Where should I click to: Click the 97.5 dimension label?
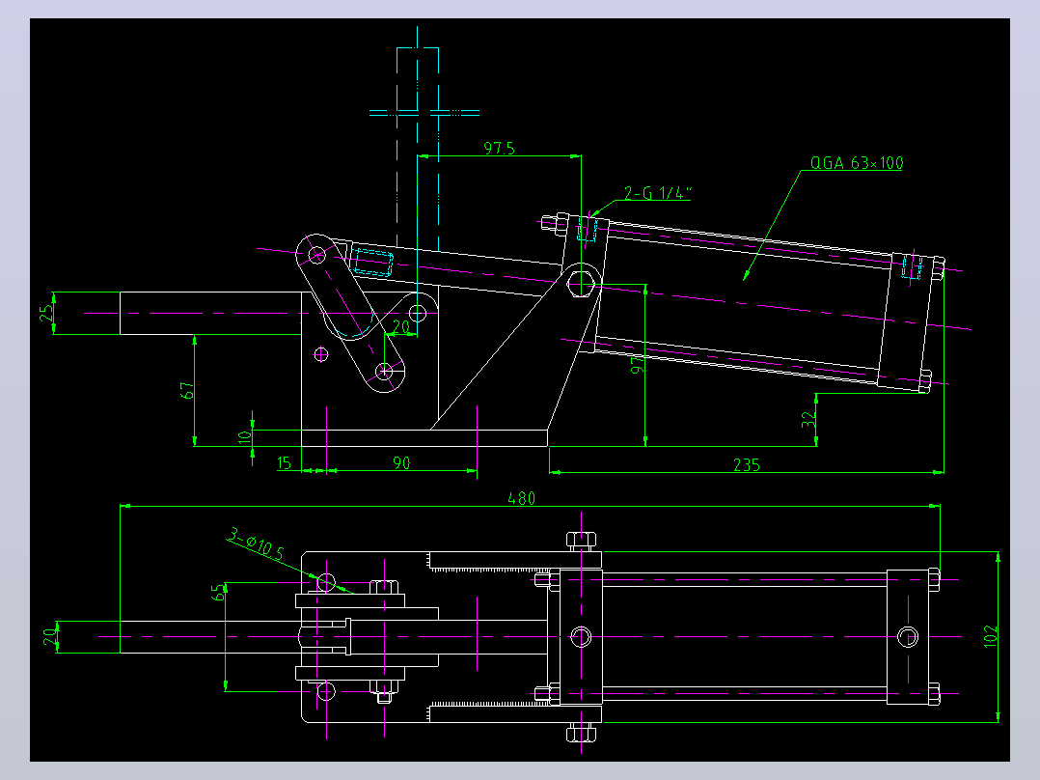click(x=499, y=148)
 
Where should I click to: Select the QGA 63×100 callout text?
click(x=857, y=162)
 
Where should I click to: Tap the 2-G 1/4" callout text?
click(x=657, y=192)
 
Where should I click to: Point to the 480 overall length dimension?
click(x=521, y=498)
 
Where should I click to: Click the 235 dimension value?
click(x=746, y=464)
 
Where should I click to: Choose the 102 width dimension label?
click(x=990, y=636)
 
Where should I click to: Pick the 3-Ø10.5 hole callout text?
click(x=256, y=543)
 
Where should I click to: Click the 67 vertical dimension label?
click(x=188, y=390)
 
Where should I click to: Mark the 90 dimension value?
click(x=401, y=462)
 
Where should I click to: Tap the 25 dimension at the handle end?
click(x=46, y=313)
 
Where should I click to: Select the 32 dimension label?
click(x=807, y=419)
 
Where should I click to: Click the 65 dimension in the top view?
click(x=218, y=592)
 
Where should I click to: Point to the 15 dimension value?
click(x=284, y=462)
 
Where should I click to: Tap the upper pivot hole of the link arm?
click(x=317, y=254)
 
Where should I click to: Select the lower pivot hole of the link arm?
click(x=385, y=372)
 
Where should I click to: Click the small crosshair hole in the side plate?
click(x=321, y=354)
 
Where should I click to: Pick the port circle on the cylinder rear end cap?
click(x=907, y=636)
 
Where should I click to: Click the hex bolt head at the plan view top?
click(x=581, y=540)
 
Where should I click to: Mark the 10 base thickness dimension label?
click(x=245, y=436)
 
